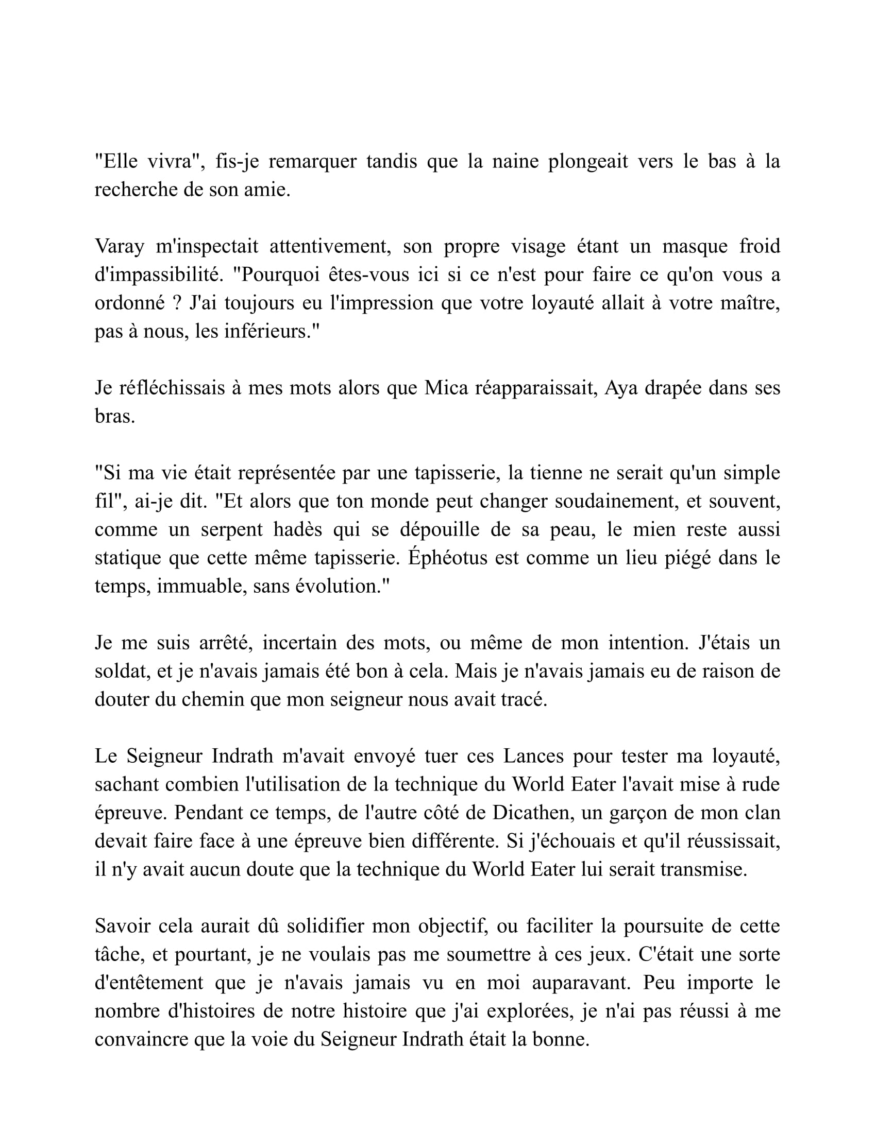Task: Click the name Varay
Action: tap(120, 246)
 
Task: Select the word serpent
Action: tap(231, 529)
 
